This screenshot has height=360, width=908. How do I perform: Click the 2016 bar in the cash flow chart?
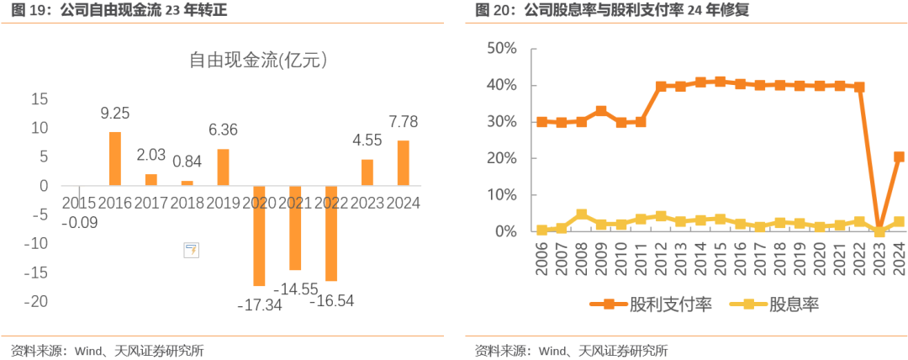coord(115,159)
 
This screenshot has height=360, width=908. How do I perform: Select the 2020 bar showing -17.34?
coord(259,236)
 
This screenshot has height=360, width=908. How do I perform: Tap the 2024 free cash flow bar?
coord(403,163)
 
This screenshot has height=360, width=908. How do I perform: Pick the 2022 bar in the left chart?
coord(330,233)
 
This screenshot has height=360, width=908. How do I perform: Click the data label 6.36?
coord(223,130)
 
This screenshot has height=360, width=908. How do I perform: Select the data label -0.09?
coord(79,222)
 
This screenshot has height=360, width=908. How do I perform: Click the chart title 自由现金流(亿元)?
coord(258,60)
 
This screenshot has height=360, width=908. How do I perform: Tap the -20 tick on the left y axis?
coord(39,301)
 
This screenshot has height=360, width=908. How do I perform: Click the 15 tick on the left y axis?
coord(40,99)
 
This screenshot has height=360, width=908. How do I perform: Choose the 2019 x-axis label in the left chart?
coord(222,203)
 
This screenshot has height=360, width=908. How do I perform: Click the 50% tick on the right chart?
coord(501,49)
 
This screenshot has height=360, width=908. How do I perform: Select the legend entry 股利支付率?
coord(652,304)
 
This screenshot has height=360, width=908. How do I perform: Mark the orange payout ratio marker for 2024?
coord(899,156)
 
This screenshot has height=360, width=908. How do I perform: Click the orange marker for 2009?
coord(601,111)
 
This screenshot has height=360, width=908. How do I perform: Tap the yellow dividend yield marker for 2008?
coord(581,214)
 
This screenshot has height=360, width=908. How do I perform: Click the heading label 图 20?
coord(494,10)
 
